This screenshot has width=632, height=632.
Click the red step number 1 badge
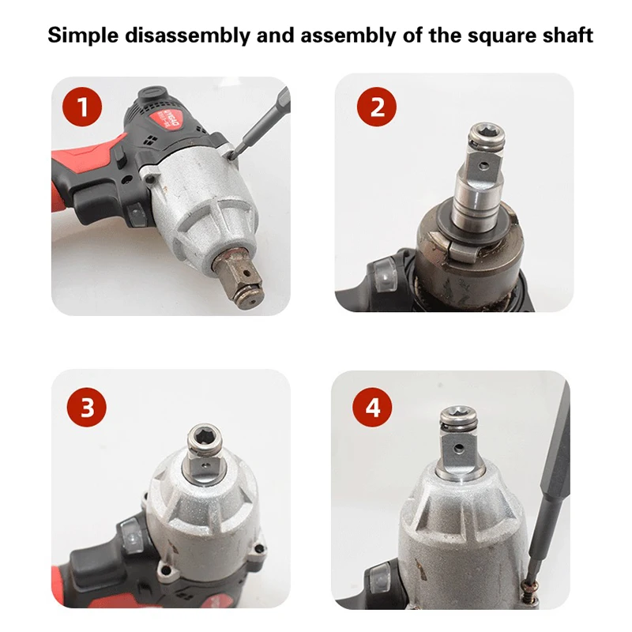point(82,107)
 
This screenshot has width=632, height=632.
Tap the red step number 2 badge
point(377,107)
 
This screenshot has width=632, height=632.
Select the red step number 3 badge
point(87,407)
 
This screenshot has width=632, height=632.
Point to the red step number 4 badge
point(372,407)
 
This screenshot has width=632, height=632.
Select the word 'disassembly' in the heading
point(188,36)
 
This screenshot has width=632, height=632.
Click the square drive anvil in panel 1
point(238,277)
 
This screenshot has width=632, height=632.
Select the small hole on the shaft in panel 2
point(483,165)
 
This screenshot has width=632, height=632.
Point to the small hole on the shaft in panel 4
point(458,448)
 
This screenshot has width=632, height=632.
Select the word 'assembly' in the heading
point(348,36)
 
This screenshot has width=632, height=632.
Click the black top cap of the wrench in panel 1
point(152,95)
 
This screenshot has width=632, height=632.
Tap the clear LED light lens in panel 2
point(386,276)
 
